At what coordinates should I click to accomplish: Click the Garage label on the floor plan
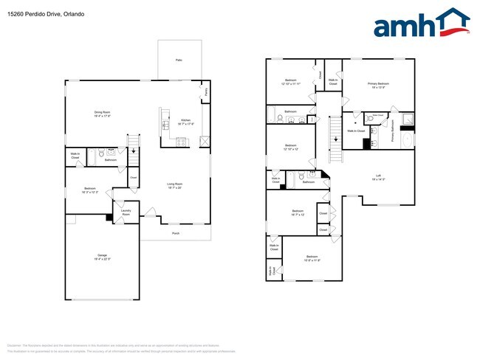click(101, 257)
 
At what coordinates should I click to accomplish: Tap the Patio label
click(179, 60)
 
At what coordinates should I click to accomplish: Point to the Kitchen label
click(186, 121)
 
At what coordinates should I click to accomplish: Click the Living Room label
click(174, 185)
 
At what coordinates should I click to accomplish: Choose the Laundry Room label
click(126, 212)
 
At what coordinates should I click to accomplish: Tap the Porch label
click(176, 233)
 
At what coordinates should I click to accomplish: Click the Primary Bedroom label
click(378, 85)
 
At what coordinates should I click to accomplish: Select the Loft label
click(378, 176)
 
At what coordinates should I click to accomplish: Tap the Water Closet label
click(377, 115)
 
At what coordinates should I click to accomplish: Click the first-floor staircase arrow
click(133, 152)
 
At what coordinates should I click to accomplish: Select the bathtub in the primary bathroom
click(408, 139)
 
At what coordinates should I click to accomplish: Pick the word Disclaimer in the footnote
click(14, 345)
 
